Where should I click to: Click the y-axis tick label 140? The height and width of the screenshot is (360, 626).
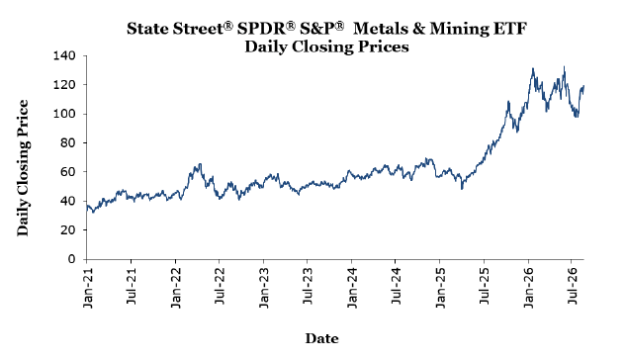point(64,55)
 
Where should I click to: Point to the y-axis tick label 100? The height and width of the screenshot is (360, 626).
point(64,114)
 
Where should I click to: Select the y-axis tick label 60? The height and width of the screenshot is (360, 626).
point(68,172)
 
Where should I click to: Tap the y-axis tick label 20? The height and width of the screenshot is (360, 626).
point(68,230)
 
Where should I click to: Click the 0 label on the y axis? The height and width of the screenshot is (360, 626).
point(72,259)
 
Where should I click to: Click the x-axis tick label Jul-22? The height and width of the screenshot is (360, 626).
point(220,286)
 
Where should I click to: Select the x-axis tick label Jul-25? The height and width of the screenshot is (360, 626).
point(485,286)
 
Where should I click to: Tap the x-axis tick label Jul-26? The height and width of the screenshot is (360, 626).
point(573,286)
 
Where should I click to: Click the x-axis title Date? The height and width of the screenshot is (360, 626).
point(321,338)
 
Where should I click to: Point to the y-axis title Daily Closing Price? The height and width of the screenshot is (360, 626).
point(23,168)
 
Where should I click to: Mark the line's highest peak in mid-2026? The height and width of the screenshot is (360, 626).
point(564,66)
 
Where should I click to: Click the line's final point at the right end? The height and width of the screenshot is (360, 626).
point(583,86)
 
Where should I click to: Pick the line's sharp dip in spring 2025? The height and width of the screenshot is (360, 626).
point(462,189)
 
